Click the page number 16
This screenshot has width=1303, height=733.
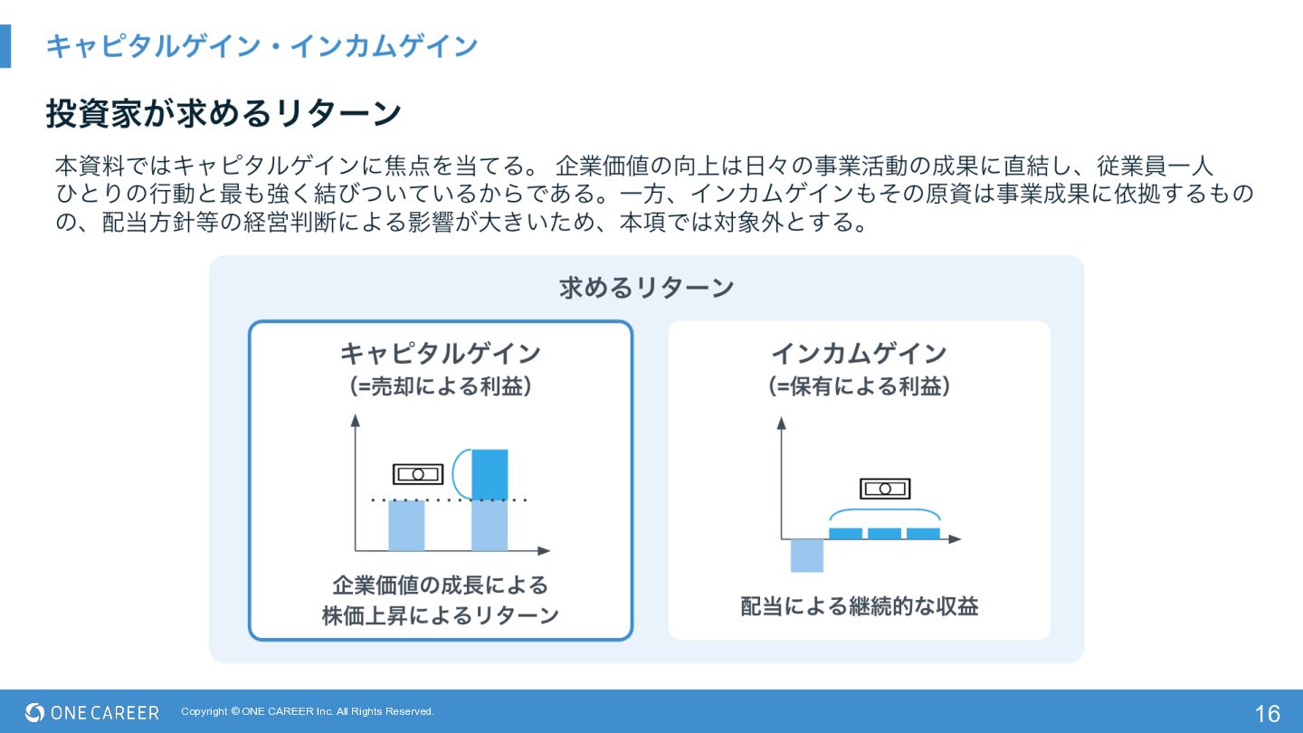point(1267,713)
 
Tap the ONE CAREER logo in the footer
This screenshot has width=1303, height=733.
point(92,712)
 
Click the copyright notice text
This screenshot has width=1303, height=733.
point(307,711)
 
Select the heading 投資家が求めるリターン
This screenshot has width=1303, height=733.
point(224,114)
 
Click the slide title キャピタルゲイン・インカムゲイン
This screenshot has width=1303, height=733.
point(262,45)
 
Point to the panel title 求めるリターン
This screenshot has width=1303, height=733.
point(646,288)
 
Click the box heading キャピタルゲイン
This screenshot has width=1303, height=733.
point(440,353)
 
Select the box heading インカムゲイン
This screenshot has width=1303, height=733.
point(859,353)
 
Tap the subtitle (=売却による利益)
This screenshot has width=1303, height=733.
point(440,386)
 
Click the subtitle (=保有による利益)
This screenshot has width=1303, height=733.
point(859,386)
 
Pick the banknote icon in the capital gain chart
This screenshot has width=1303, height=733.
point(418,474)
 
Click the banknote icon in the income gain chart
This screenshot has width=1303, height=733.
point(885,489)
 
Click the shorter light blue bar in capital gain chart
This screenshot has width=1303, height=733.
point(406,526)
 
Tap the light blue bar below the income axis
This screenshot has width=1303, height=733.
point(806,555)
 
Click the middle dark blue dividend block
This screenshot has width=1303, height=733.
point(884,534)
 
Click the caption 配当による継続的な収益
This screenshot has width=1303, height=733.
point(859,606)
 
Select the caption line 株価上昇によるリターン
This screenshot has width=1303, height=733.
point(440,615)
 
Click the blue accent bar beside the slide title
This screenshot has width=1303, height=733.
point(5,45)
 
